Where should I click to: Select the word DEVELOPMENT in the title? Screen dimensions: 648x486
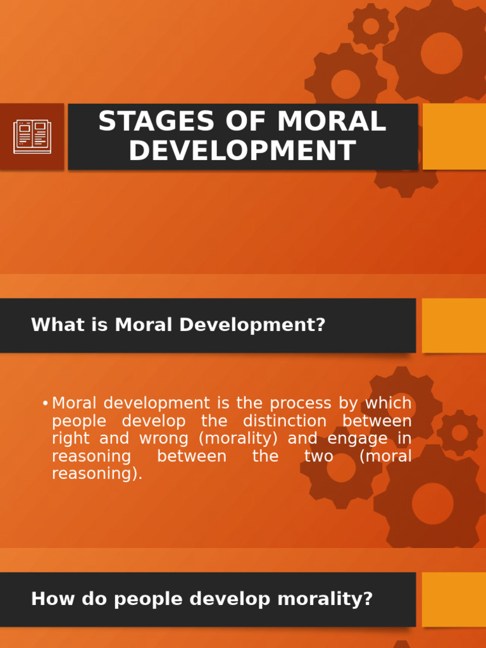(x=242, y=151)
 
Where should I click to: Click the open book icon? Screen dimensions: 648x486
(x=32, y=137)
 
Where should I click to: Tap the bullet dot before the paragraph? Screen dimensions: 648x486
(x=45, y=404)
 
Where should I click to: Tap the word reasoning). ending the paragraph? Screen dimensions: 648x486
(x=97, y=474)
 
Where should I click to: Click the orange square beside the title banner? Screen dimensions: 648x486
(x=454, y=137)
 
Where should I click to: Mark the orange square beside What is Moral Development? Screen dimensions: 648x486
(x=454, y=325)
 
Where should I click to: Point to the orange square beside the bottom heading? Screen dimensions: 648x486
(x=454, y=599)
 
